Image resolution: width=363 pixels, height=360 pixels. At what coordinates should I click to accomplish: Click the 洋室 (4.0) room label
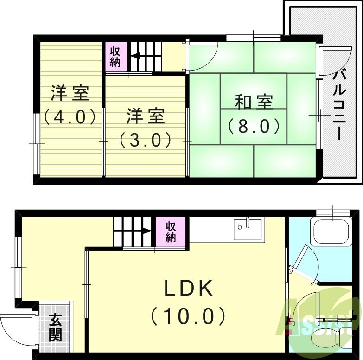click(70, 105)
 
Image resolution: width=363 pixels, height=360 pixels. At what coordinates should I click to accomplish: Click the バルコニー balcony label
click(343, 104)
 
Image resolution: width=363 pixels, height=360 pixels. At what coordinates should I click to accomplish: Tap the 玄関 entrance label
click(55, 328)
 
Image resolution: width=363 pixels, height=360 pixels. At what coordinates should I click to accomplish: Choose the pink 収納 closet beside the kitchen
click(171, 231)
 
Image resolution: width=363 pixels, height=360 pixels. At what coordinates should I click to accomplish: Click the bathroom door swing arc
click(309, 263)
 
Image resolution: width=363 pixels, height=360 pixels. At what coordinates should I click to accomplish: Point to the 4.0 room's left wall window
click(36, 143)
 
